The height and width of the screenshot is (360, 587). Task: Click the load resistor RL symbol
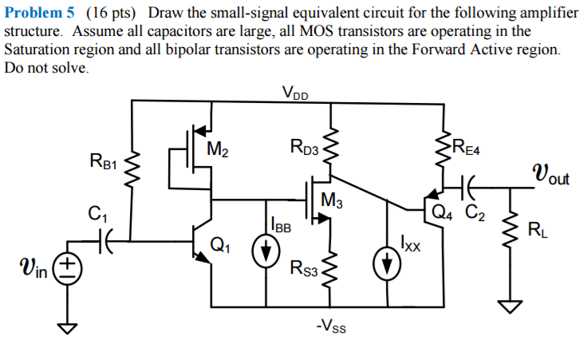point(508,232)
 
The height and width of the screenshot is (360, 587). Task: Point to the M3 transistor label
point(333,201)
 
